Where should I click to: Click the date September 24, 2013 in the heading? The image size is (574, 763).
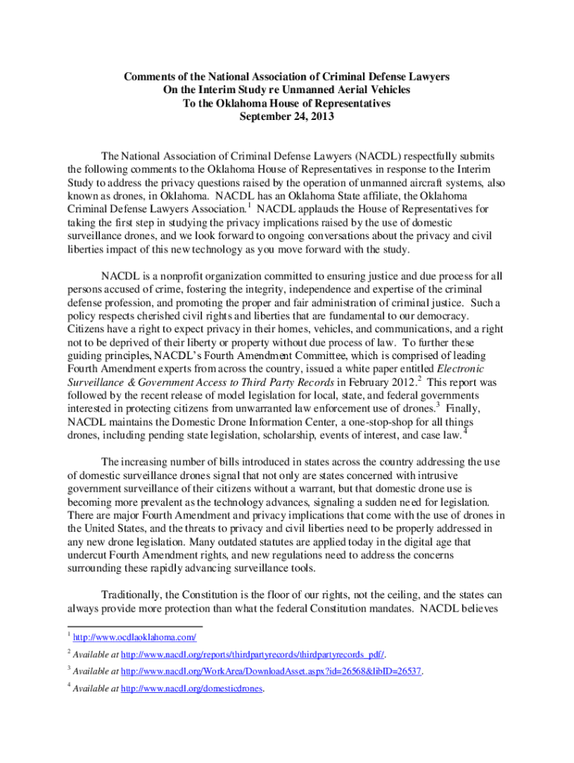[287, 117]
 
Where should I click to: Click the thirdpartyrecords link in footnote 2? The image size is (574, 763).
[253, 654]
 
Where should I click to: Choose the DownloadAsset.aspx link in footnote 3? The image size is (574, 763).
[272, 671]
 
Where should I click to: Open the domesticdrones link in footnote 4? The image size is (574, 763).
[193, 689]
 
